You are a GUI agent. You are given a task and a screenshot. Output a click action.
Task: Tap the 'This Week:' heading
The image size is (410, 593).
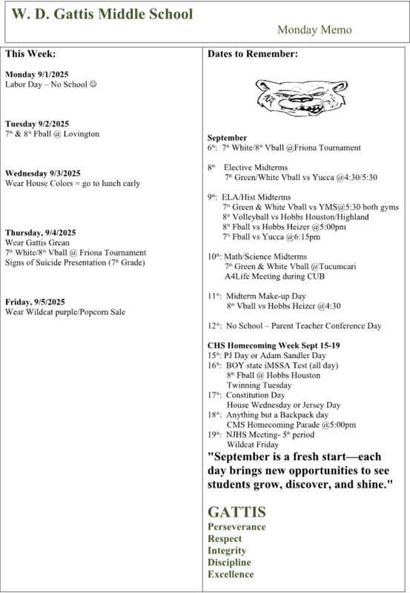30,55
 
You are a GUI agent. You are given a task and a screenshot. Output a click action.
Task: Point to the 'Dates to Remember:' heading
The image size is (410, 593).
253,55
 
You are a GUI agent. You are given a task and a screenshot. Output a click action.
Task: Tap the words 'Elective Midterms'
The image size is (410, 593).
258,168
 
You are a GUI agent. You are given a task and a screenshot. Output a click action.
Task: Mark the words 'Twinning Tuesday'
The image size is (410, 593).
259,385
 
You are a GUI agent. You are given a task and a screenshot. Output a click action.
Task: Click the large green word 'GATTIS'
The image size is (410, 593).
237,512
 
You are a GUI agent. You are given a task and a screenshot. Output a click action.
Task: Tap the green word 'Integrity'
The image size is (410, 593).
227,551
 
